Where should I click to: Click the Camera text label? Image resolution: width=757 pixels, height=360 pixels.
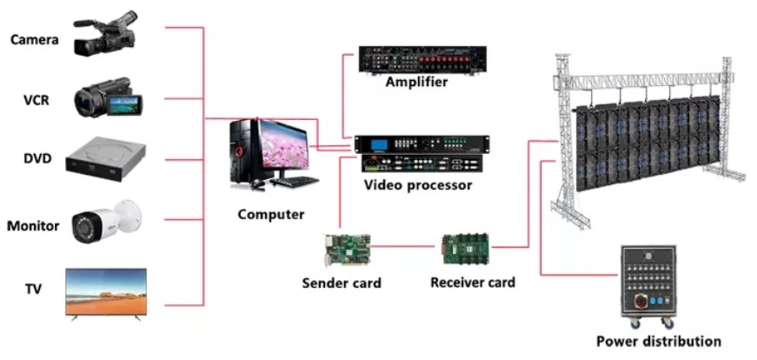(35, 40)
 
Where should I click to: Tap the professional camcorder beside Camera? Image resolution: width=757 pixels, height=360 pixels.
(105, 34)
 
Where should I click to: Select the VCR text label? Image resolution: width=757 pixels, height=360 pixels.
(37, 101)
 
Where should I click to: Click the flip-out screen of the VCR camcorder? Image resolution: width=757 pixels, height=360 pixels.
(123, 104)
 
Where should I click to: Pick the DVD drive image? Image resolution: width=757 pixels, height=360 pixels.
(106, 159)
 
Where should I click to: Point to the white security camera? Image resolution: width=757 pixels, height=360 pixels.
(107, 221)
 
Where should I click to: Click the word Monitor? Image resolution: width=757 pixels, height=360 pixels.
(33, 226)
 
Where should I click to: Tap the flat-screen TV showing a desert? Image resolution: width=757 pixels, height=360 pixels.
(106, 293)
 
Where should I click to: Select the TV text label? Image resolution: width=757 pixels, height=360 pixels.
(34, 289)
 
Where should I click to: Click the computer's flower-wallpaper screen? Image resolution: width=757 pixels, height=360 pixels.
(284, 144)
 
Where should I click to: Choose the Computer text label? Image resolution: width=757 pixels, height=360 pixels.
(271, 214)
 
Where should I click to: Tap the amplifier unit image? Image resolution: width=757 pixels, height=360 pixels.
(422, 59)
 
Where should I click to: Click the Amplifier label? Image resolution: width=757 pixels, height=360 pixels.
(416, 82)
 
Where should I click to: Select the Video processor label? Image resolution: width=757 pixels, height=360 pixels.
(418, 184)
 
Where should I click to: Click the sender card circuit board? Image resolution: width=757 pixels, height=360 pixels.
(347, 250)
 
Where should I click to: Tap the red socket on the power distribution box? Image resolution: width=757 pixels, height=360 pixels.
(639, 301)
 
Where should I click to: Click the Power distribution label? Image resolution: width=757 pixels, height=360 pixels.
(659, 341)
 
